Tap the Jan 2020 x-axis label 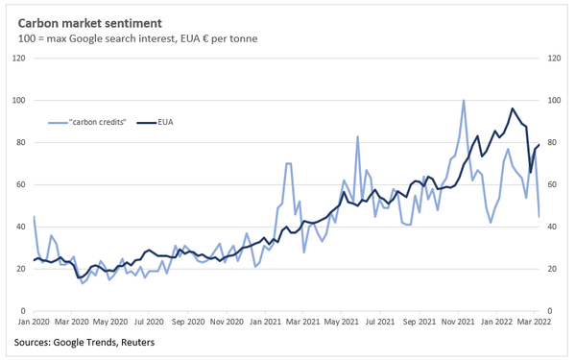pos(35,323)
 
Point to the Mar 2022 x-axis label pos(536,323)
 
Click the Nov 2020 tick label pos(227,323)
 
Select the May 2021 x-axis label pos(343,323)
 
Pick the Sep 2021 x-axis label pos(420,323)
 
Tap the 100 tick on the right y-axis pos(553,101)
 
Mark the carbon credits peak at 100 pos(464,100)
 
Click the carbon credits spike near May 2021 pos(357,136)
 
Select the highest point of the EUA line pos(513,108)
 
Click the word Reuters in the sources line pos(133,342)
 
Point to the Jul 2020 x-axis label pos(150,323)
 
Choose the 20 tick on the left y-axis pos(20,269)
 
